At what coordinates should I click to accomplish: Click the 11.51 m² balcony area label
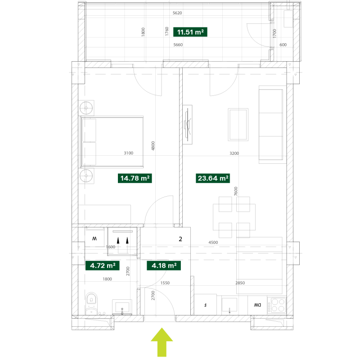[x=190, y=32]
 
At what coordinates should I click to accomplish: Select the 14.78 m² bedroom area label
[x=135, y=178]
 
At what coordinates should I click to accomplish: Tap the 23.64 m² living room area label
[x=213, y=178]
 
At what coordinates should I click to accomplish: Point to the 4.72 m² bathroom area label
[x=103, y=265]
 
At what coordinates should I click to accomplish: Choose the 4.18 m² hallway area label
[x=164, y=265]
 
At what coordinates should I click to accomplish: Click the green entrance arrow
[x=162, y=342]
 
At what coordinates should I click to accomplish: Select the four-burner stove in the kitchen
[x=278, y=305]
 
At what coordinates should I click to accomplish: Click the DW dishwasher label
[x=257, y=305]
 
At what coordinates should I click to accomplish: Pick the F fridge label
[x=205, y=305]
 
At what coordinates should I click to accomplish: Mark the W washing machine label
[x=94, y=238]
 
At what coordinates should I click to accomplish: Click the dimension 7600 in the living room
[x=236, y=191]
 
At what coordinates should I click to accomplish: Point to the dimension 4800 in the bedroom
[x=153, y=146]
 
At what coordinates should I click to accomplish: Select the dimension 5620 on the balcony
[x=177, y=13]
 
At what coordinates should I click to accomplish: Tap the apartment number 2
[x=180, y=239]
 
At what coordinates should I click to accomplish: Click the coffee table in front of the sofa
[x=238, y=125]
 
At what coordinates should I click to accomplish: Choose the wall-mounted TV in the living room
[x=188, y=125]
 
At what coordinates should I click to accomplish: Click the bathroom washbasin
[x=122, y=307]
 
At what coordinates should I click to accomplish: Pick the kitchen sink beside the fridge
[x=229, y=305]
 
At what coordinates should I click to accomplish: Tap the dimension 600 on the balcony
[x=283, y=45]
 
